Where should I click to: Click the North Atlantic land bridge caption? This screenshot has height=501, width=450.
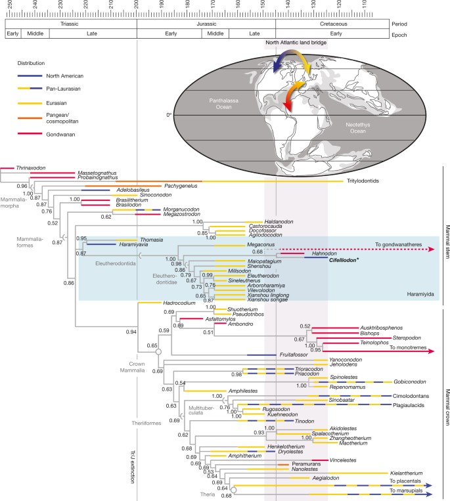pyautogui.click(x=296, y=43)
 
